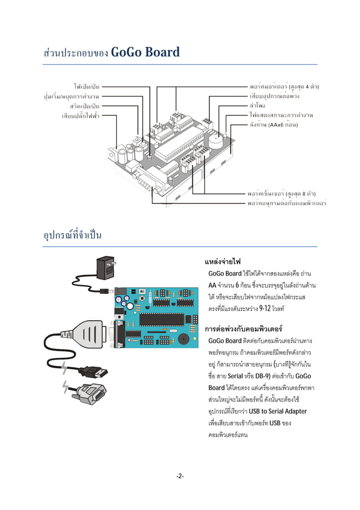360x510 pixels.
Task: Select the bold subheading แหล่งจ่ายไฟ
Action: coord(223,263)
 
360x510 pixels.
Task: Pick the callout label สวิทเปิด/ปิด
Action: coord(85,106)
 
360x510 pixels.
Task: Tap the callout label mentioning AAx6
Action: coord(274,124)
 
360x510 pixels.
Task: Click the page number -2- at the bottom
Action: coord(179,476)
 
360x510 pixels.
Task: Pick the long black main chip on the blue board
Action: coord(161,319)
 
